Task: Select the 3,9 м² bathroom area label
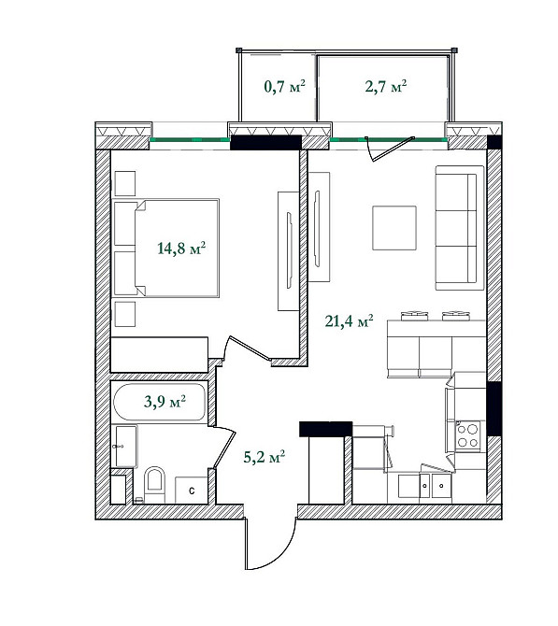point(164,403)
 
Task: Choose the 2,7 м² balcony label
point(385,87)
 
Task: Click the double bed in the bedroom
point(166,248)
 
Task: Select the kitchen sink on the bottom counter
point(431,485)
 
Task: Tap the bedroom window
point(191,142)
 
